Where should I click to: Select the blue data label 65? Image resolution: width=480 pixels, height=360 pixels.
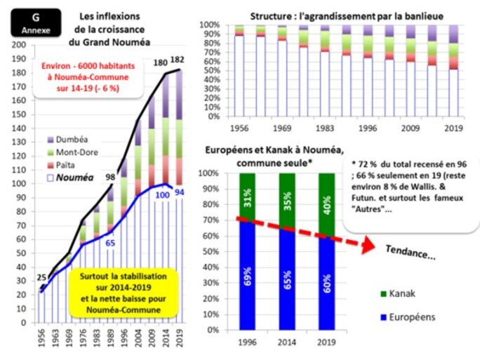[x=110, y=243]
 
